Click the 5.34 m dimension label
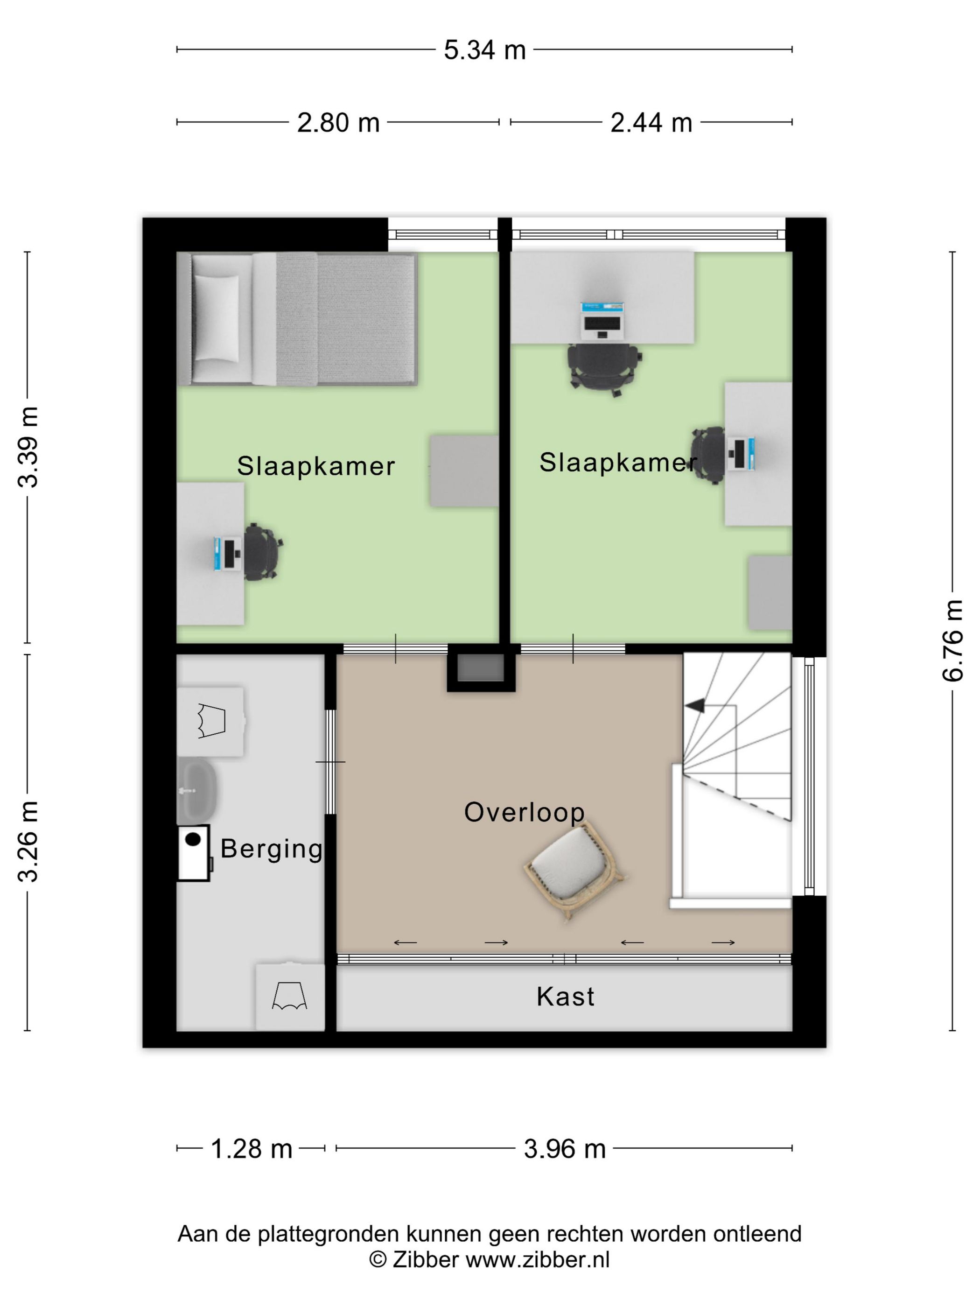coord(484,50)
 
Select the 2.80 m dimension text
coord(338,123)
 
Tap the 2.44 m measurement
coord(651,123)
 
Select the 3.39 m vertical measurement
coord(28,447)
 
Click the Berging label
coord(272,849)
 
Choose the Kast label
coord(565,997)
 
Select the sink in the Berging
coord(197,791)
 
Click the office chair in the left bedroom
coord(262,552)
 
